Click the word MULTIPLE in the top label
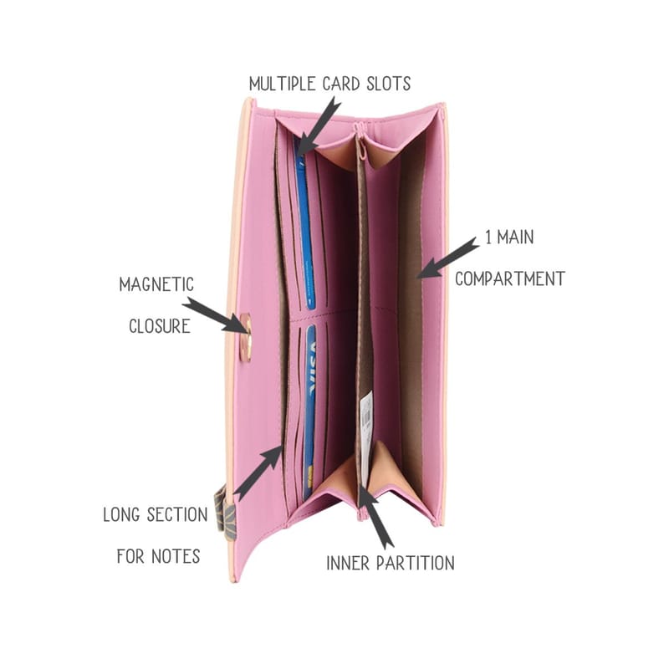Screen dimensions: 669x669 click(x=283, y=84)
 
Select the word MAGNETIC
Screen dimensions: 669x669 click(x=156, y=284)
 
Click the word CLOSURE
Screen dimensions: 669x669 click(x=160, y=326)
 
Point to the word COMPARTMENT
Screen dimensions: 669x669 click(x=510, y=279)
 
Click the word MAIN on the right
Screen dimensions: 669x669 click(x=515, y=237)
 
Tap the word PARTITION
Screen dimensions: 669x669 click(x=415, y=563)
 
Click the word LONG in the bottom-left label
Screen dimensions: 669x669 click(x=121, y=514)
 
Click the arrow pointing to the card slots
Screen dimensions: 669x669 click(x=318, y=125)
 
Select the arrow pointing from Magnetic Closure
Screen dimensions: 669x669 click(x=216, y=315)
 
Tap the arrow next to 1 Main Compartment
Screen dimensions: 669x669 click(x=447, y=258)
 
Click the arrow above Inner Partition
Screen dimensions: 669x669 click(x=375, y=516)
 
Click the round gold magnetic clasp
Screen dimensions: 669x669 click(x=246, y=337)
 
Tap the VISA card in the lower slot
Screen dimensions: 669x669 click(x=309, y=411)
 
